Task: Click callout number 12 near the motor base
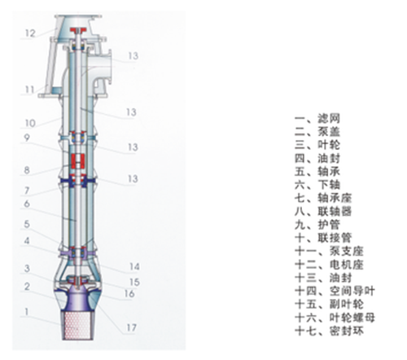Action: pos(30,33)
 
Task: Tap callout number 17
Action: pos(132,327)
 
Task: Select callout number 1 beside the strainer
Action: pos(27,312)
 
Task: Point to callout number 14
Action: pos(135,266)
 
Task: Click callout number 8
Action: pos(27,170)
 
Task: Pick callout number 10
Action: pos(30,123)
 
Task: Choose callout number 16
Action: pos(129,293)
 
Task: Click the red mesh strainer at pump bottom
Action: pos(77,325)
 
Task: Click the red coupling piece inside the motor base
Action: pos(78,30)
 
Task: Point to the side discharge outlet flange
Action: pos(110,68)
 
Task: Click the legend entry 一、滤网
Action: pos(317,118)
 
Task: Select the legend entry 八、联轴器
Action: pos(323,211)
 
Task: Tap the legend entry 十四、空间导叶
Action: pos(335,291)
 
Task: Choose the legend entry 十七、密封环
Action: pos(329,331)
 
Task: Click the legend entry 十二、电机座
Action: pos(329,265)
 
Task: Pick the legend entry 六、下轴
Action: pos(317,185)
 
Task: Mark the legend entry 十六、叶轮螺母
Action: pos(335,318)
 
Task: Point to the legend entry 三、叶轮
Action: pos(317,145)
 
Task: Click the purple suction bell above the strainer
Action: pos(77,300)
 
